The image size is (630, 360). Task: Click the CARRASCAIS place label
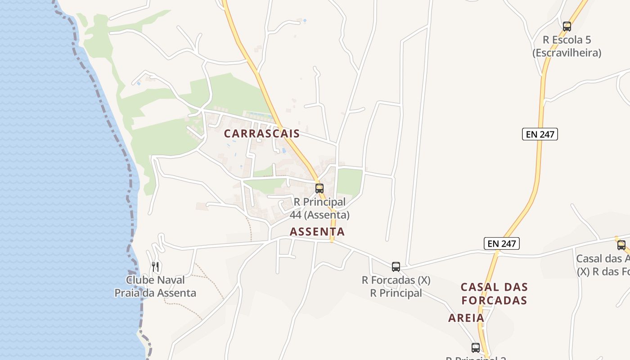pyautogui.click(x=262, y=134)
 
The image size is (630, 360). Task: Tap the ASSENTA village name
pyautogui.click(x=317, y=232)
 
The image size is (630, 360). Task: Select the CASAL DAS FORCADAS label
pyautogui.click(x=494, y=293)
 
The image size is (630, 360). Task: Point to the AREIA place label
pyautogui.click(x=466, y=318)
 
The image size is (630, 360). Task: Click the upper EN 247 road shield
pyautogui.click(x=540, y=134)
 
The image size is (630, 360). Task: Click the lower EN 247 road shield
pyautogui.click(x=502, y=243)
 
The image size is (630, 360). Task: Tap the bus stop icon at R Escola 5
pyautogui.click(x=567, y=27)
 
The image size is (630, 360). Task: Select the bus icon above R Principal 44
pyautogui.click(x=319, y=189)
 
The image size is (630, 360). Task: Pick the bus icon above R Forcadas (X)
pyautogui.click(x=396, y=266)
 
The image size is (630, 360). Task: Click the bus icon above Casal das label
pyautogui.click(x=621, y=245)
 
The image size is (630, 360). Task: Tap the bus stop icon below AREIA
pyautogui.click(x=476, y=347)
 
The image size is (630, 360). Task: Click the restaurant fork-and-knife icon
pyautogui.click(x=155, y=267)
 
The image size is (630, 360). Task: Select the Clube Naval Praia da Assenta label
pyautogui.click(x=155, y=287)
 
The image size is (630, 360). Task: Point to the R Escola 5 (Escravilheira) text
pyautogui.click(x=567, y=46)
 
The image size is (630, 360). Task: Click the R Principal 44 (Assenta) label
pyautogui.click(x=319, y=208)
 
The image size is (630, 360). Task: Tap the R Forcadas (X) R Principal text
pyautogui.click(x=396, y=287)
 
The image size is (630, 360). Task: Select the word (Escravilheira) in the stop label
pyautogui.click(x=567, y=53)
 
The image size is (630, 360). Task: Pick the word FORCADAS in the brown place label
pyautogui.click(x=494, y=300)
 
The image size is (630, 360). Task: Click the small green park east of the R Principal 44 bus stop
pyautogui.click(x=350, y=181)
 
